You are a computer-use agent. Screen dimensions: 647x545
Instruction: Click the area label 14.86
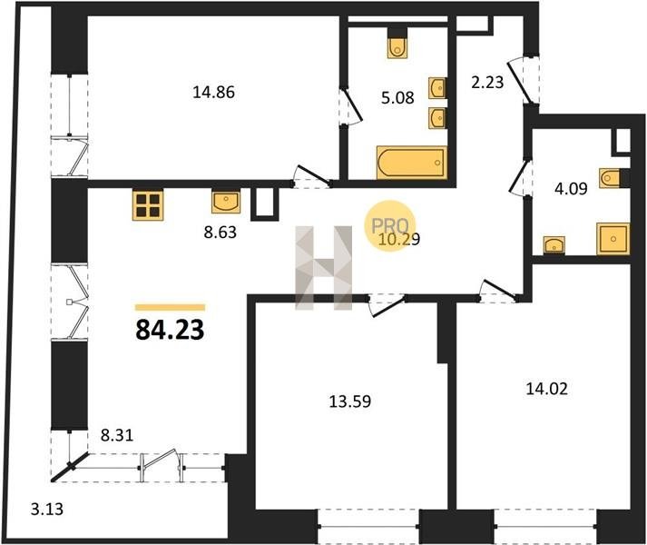[213, 92]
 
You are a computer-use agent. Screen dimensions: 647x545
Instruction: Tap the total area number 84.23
[170, 330]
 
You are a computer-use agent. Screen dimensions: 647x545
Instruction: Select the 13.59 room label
[350, 401]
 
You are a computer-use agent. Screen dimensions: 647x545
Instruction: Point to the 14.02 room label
[547, 389]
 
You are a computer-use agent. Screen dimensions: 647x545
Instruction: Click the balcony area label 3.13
[47, 509]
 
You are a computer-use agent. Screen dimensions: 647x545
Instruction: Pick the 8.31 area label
[117, 435]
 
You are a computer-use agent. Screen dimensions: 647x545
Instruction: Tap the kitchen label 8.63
[221, 233]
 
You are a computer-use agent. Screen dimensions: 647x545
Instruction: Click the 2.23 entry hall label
[487, 83]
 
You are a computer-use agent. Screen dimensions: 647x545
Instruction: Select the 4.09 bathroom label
[571, 189]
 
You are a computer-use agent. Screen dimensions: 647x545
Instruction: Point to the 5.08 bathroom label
[397, 98]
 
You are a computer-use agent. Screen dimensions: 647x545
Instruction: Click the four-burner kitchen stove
[148, 205]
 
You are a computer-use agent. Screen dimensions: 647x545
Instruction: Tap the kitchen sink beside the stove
[226, 202]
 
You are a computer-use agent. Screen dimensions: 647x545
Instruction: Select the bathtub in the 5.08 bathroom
[412, 163]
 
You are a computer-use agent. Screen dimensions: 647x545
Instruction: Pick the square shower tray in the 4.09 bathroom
[613, 239]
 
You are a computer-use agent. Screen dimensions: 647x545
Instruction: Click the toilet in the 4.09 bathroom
[610, 179]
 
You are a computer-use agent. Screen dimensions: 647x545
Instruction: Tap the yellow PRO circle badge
[390, 226]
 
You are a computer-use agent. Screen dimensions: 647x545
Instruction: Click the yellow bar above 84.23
[170, 307]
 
